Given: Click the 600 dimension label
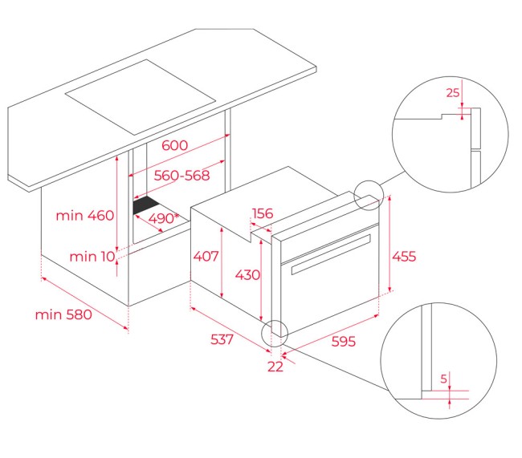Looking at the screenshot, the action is tap(174, 145).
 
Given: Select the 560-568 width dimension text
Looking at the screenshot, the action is tap(181, 176).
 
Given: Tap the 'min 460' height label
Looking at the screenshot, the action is tap(85, 216).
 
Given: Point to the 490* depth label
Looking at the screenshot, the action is tap(164, 218).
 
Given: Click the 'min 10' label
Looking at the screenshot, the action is tap(92, 257).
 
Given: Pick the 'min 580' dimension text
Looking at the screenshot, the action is tap(63, 314).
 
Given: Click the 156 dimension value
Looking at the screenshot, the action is tap(263, 213).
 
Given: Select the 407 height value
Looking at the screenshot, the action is tap(206, 256).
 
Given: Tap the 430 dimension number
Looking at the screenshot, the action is tap(247, 275).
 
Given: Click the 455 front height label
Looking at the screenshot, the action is tap(404, 257).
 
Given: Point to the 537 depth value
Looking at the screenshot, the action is tap(222, 339).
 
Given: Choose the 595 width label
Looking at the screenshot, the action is tap(344, 341).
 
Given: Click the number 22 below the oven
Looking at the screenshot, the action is tap(275, 367).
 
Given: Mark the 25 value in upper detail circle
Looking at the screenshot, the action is tap(453, 93).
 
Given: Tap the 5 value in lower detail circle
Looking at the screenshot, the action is tap(443, 379).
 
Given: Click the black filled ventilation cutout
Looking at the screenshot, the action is tap(145, 205).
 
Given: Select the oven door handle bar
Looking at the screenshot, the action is tap(331, 254).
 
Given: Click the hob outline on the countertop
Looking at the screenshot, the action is tap(141, 97).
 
